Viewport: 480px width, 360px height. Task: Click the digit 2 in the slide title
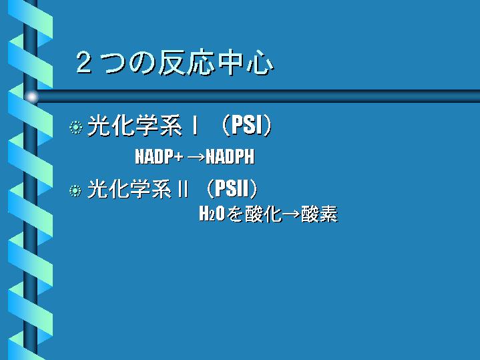83,63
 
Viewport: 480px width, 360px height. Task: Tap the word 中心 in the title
245,63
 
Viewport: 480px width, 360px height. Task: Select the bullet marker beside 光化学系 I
75,127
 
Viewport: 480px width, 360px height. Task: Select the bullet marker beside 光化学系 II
75,190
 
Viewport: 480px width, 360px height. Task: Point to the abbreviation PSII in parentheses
232,188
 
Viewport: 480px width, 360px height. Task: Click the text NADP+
159,156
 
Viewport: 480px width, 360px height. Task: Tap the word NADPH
230,156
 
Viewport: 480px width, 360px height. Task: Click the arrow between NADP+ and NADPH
196,157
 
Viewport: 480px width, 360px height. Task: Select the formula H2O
212,214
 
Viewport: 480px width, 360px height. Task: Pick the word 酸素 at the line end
319,214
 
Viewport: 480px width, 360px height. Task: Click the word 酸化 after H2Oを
263,214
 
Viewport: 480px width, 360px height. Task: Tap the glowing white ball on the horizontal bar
31,97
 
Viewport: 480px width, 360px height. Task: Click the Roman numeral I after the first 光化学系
194,126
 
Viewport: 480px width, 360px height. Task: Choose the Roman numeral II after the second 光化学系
183,188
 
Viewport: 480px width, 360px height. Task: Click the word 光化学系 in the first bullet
135,126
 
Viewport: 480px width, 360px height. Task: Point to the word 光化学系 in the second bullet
130,188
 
